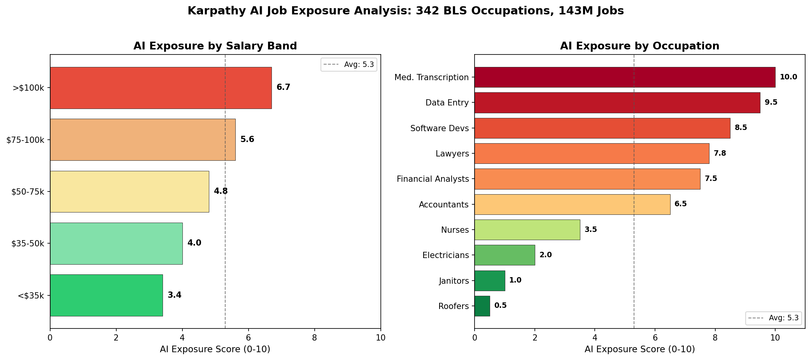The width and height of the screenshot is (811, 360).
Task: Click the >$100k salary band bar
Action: [x=161, y=88]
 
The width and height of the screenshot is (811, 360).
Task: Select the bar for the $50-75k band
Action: [x=130, y=191]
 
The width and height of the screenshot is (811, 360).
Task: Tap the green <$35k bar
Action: [x=106, y=295]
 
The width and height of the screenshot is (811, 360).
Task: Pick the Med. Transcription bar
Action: [x=624, y=77]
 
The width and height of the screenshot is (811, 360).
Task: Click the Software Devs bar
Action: [x=602, y=128]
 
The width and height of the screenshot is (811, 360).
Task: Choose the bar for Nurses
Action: [x=527, y=230]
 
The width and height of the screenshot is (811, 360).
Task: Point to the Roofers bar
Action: [x=482, y=306]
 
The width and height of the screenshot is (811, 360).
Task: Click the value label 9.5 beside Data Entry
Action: [x=771, y=102]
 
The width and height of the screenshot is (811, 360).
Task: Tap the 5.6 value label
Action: [x=247, y=139]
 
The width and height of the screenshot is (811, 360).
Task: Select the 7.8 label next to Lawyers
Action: [x=720, y=153]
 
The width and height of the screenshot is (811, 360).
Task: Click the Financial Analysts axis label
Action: [x=433, y=179]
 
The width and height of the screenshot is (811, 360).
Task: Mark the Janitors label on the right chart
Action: [x=454, y=281]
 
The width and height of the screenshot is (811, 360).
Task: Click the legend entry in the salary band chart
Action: [x=349, y=65]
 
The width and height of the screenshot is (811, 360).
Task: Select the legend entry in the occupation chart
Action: [x=773, y=318]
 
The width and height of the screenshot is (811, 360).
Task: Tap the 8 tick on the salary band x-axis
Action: [x=314, y=338]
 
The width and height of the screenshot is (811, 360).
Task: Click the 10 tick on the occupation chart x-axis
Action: [x=775, y=338]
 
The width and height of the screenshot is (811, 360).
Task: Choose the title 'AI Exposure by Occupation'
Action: [x=639, y=46]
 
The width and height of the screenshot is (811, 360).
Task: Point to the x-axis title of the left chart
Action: [x=215, y=349]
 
